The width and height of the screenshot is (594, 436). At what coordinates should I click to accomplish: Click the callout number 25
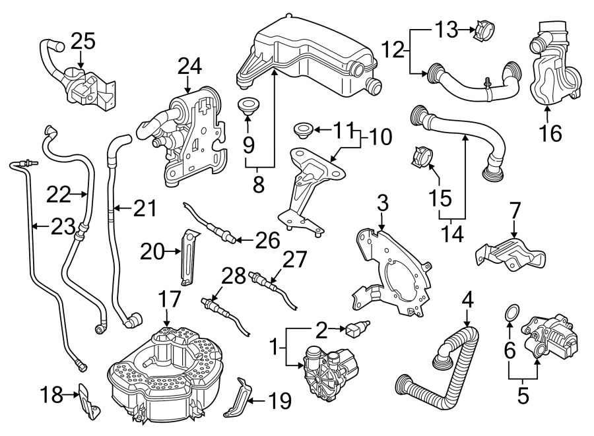[x=83, y=42]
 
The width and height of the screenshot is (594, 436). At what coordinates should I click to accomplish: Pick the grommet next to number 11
[x=303, y=128]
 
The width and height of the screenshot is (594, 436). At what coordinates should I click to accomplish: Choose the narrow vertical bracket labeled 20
[x=189, y=257]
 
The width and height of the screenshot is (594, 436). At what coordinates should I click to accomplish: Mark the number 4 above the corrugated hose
[x=468, y=299]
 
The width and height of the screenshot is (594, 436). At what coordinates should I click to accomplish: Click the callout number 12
[x=393, y=48]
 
